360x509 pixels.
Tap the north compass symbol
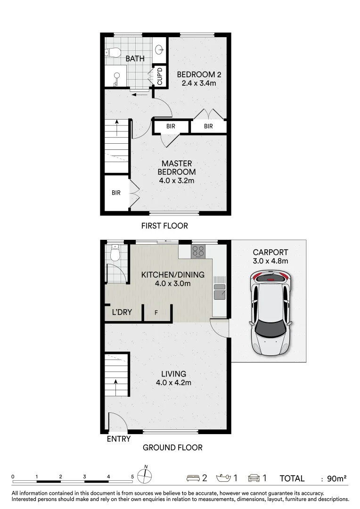coord(145,476)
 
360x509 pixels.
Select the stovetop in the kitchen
coord(198,251)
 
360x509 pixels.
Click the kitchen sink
coord(220,291)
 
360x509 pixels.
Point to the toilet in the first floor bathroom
coord(112,52)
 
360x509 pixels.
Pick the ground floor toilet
coord(115,253)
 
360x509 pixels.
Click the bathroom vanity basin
coord(159,49)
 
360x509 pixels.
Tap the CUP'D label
coord(160,76)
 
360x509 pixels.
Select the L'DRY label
coord(122,312)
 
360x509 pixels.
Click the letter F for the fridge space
coord(156,313)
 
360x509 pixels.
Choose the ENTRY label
coord(119,439)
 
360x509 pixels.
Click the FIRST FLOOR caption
coord(164,226)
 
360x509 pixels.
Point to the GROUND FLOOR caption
coord(172,448)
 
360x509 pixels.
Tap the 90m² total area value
coord(336,478)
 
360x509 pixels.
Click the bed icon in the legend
coord(193,478)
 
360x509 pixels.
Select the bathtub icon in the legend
coord(224,478)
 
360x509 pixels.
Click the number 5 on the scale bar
coord(132,477)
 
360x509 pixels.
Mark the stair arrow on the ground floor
coord(115,386)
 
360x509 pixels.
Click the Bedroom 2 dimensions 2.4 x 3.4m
coord(199,83)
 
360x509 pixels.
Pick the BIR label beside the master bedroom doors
coord(116,193)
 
